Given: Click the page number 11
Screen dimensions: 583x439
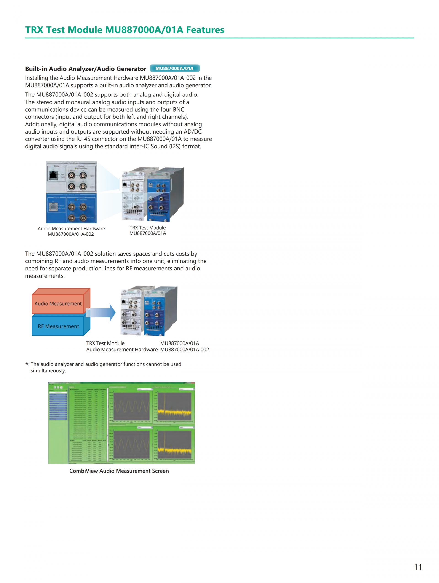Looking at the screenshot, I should coord(418,567).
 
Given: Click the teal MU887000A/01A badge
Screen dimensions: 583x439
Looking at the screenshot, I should coord(174,69).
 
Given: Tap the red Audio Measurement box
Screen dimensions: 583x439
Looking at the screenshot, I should coord(58,304).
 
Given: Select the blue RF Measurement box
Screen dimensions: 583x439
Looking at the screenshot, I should coord(58,326).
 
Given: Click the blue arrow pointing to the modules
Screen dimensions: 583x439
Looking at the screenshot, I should coord(103,313).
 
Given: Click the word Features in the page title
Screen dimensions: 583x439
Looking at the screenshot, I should coord(205,30).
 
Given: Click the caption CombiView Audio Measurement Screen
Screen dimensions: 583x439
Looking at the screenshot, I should coord(119,471).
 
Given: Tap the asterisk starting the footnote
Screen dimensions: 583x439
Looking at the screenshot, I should coord(27,364).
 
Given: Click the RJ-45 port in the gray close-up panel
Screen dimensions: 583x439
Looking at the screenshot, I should coord(54,175).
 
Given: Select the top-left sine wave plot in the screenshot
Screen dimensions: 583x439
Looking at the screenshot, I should coord(131,407).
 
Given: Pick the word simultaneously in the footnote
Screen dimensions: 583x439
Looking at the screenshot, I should coord(48,371).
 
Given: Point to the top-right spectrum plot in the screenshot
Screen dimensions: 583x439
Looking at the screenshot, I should coord(174,407).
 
